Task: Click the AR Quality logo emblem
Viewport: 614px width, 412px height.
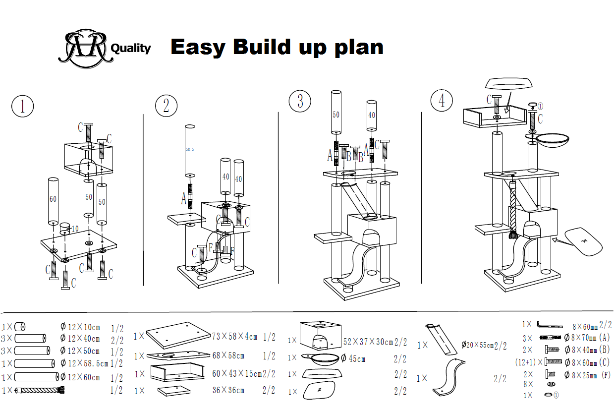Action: coord(83,48)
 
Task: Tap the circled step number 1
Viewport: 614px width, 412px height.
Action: coord(22,107)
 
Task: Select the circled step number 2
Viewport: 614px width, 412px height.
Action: coord(166,106)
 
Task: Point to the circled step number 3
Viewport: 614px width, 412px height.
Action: coord(300,101)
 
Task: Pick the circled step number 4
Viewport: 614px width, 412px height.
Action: coord(442,101)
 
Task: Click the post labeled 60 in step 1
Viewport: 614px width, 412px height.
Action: coord(53,200)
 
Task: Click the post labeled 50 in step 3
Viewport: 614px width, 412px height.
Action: coord(336,113)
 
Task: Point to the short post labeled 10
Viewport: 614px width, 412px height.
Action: coord(65,229)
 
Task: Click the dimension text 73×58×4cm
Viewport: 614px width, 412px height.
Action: coord(235,337)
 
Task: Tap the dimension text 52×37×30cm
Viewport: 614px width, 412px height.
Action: coord(375,342)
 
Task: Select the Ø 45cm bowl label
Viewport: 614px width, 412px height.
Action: coord(353,358)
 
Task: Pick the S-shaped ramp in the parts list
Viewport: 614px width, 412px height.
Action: coord(449,379)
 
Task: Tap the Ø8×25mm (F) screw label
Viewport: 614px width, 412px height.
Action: coord(587,375)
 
